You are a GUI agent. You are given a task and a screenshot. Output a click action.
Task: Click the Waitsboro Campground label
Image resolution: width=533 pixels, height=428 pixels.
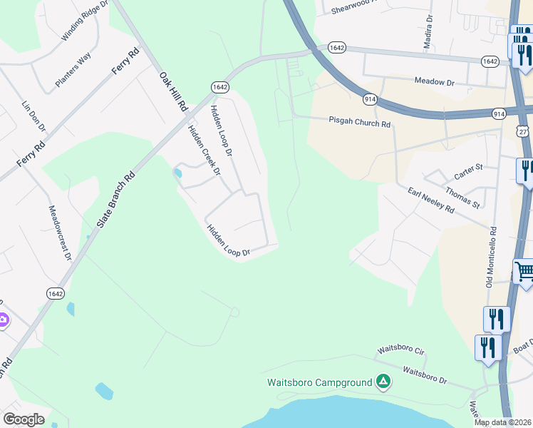[x=319, y=382]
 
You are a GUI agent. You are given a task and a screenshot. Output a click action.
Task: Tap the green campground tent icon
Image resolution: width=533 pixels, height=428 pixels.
[x=383, y=382]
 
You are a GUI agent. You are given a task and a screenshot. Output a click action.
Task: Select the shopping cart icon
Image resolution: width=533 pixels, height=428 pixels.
[x=524, y=272]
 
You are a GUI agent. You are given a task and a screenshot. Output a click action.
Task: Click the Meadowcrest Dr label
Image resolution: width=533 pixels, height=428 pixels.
[x=61, y=232]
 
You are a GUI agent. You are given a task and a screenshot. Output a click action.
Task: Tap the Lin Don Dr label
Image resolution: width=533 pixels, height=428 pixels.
[x=33, y=116]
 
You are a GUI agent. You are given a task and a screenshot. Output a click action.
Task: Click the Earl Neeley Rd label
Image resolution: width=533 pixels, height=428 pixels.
[x=431, y=200]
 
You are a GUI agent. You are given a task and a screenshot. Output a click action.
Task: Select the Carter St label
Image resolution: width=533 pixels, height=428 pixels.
[x=469, y=171]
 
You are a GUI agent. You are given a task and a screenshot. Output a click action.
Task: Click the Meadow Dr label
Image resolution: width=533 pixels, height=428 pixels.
[x=435, y=83]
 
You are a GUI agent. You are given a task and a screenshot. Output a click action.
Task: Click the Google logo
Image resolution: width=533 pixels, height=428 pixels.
[x=24, y=419]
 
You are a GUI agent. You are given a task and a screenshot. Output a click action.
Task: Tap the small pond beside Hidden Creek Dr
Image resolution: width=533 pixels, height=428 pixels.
[x=177, y=173]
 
